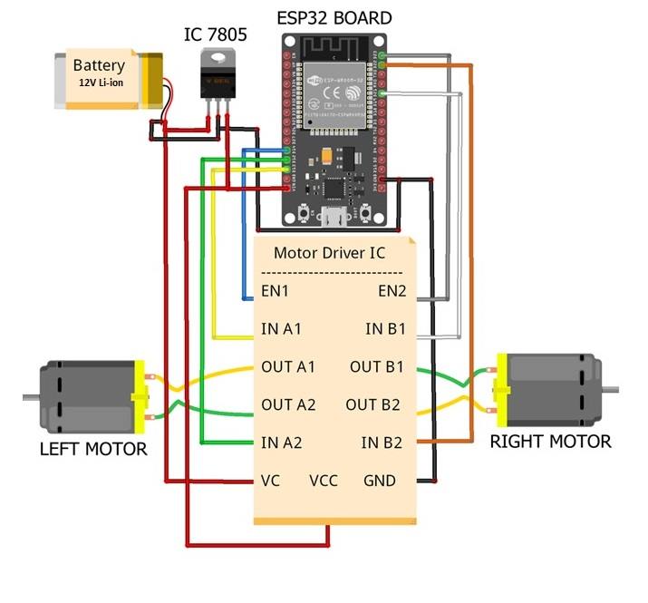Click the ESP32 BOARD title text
pos(334,17)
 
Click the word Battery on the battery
pos(100,65)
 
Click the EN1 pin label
pos(275,291)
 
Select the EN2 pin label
pos(392,291)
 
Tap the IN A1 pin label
pos(281,329)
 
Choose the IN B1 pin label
pos(385,329)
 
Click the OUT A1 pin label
pos(288,367)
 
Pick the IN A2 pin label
pos(281,443)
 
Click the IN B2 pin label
pos(382,443)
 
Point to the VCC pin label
pos(324,480)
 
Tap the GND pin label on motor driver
pos(381,480)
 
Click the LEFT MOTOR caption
pos(93,449)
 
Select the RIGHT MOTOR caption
pos(550,442)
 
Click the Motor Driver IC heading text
pos(330,253)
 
